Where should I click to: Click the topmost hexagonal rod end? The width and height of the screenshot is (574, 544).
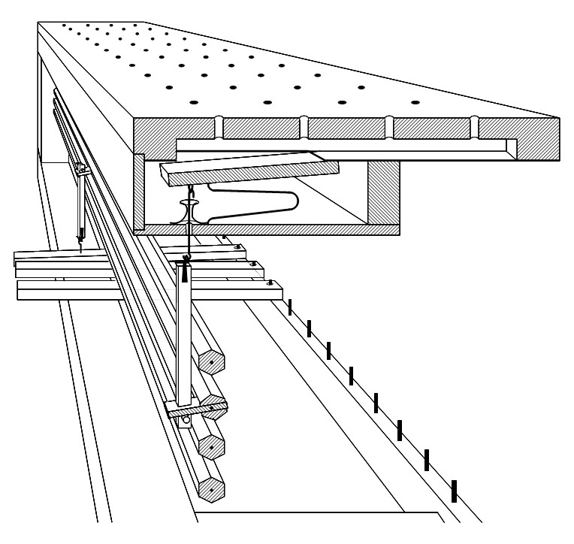coord(213,363)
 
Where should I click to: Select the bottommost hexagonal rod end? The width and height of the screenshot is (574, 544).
coord(213,491)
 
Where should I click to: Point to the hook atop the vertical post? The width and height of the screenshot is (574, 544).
coord(187,259)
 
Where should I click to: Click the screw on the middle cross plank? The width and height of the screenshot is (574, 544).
coord(252,264)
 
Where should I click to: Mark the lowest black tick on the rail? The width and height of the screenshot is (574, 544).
coord(454,491)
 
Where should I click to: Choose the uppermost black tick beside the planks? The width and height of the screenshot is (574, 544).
coord(290,307)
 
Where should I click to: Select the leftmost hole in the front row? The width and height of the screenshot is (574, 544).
coord(192,102)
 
